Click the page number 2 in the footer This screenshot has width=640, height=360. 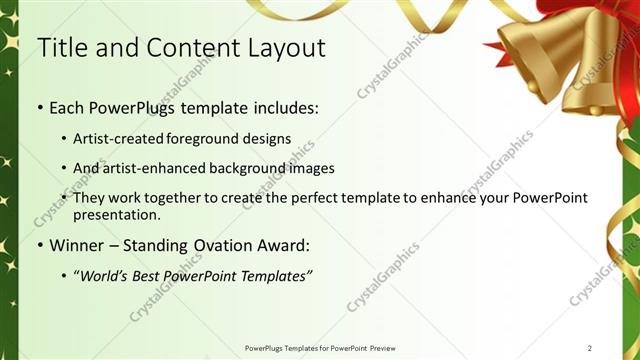click(590, 348)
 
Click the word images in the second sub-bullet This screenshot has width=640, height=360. click(309, 168)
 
